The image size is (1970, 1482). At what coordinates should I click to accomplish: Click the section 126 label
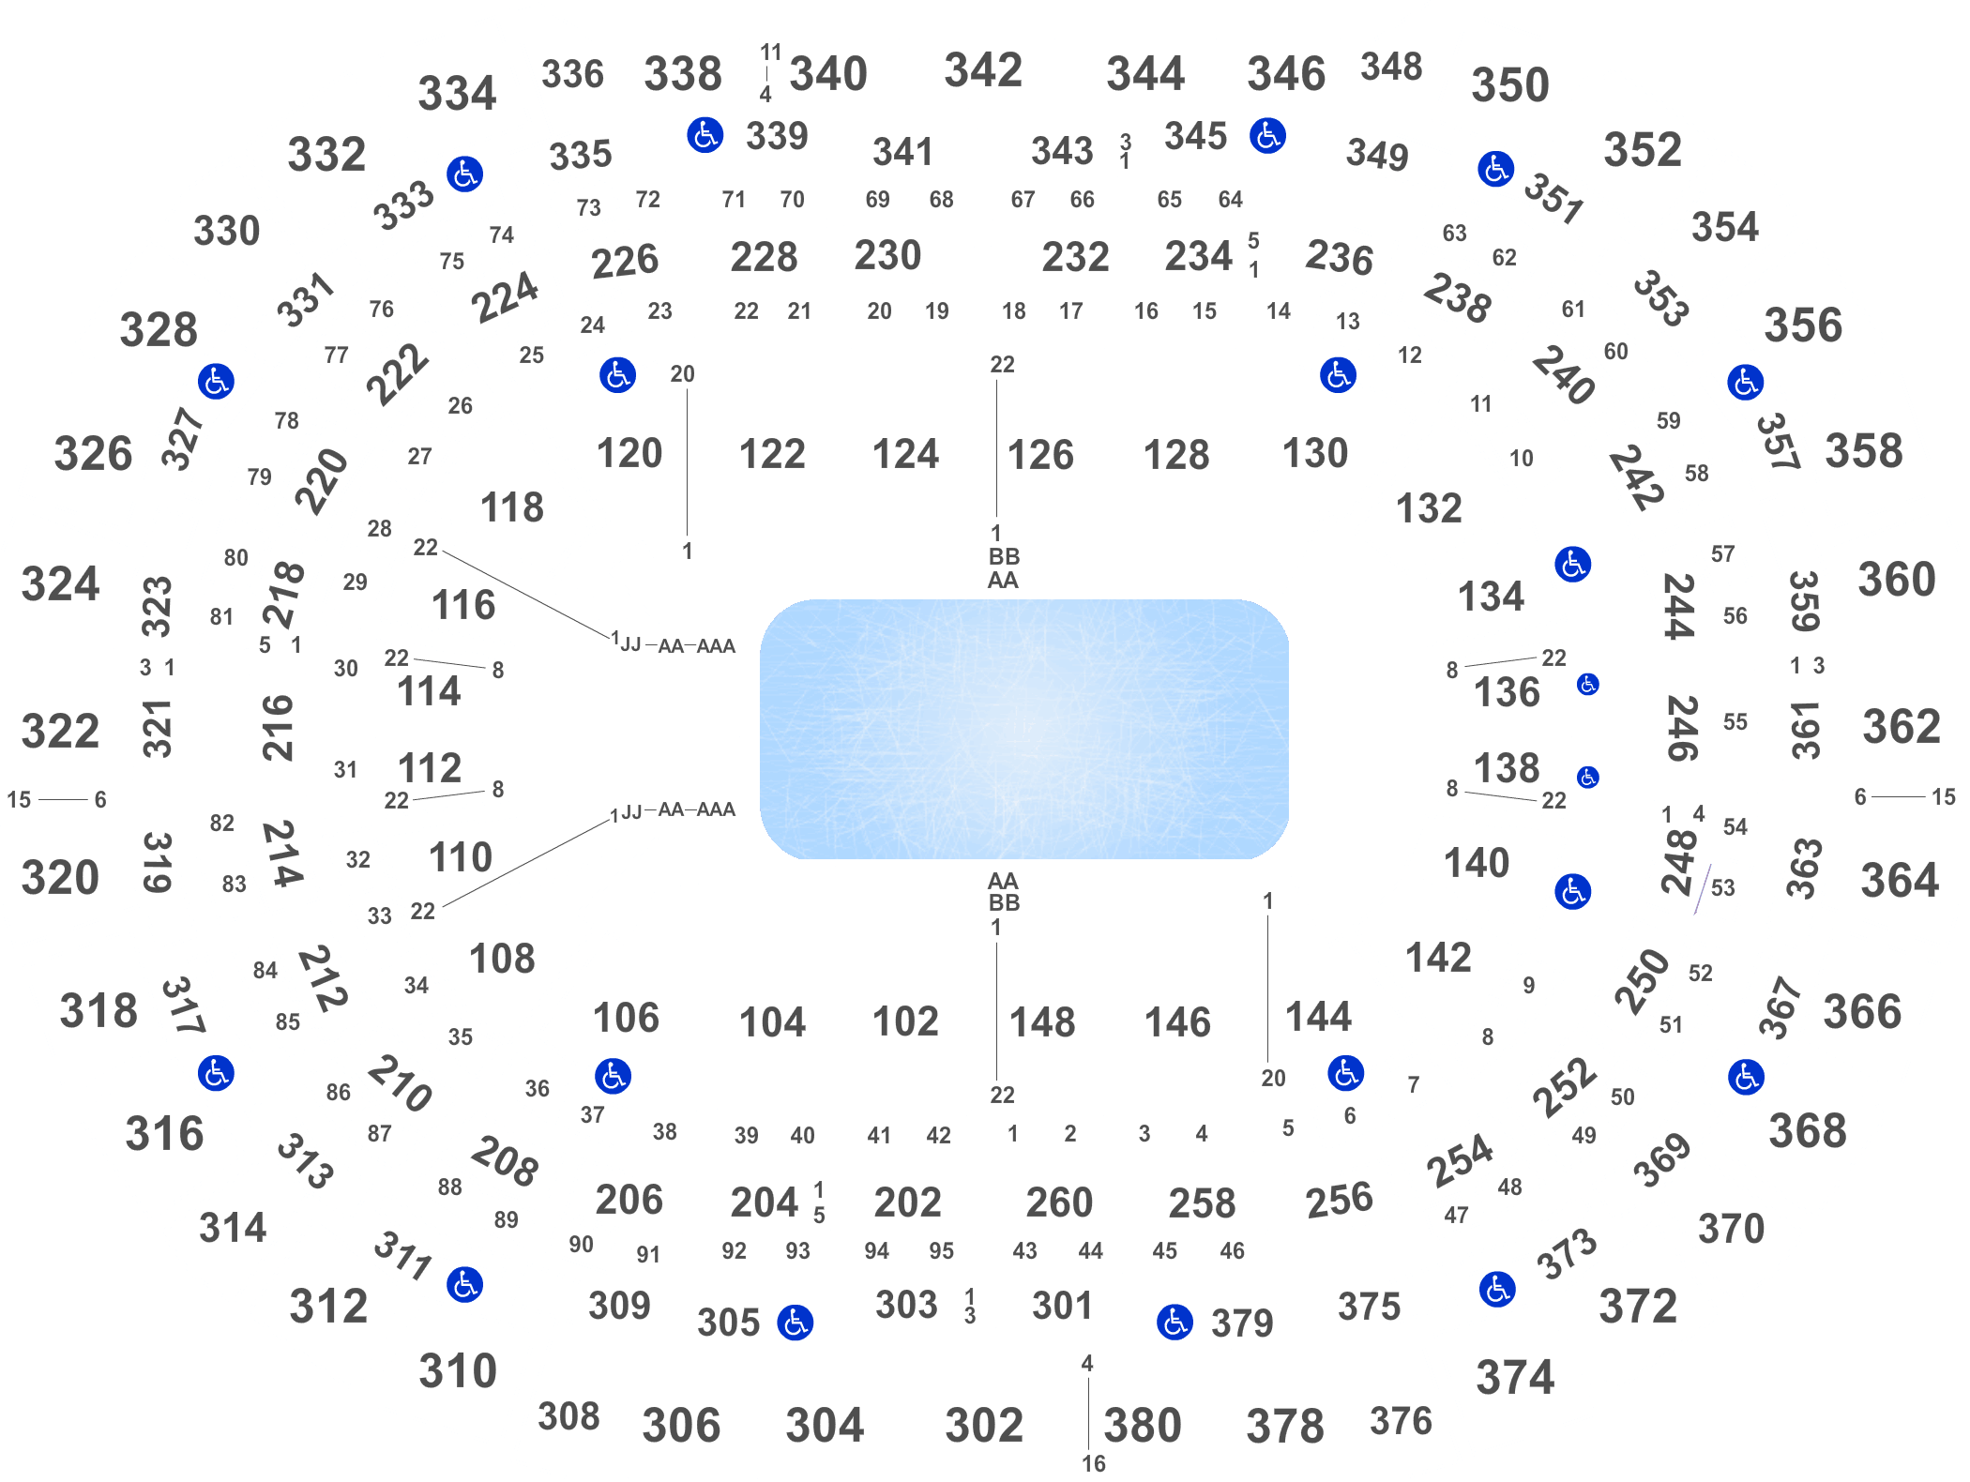tap(1039, 455)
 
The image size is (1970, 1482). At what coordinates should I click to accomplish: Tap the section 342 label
tap(983, 70)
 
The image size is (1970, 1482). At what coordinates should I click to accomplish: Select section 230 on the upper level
tap(887, 255)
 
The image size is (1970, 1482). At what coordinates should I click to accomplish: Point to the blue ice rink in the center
tap(1024, 729)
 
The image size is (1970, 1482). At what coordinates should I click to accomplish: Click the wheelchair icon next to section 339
tap(705, 135)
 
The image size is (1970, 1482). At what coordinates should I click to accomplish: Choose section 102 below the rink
tap(905, 1021)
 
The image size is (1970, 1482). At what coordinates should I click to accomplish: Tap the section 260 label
tap(1059, 1202)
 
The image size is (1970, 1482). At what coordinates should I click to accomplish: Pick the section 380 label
tap(1143, 1426)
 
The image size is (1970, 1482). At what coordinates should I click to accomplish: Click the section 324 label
tap(60, 584)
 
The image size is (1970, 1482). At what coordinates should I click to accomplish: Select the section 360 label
tap(1897, 580)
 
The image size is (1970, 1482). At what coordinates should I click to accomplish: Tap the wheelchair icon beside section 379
tap(1174, 1323)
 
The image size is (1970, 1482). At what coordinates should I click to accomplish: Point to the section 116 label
tap(463, 605)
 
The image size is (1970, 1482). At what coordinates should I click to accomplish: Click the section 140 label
tap(1477, 863)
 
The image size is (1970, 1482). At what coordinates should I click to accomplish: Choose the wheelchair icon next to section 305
tap(796, 1323)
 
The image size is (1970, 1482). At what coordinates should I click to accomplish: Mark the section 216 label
tap(278, 728)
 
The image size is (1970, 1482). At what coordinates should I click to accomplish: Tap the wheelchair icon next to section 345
tap(1267, 135)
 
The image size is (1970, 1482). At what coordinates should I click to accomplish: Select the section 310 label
tap(458, 1371)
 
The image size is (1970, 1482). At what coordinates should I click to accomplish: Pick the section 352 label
tap(1643, 150)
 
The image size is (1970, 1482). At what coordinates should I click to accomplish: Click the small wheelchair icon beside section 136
tap(1587, 685)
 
